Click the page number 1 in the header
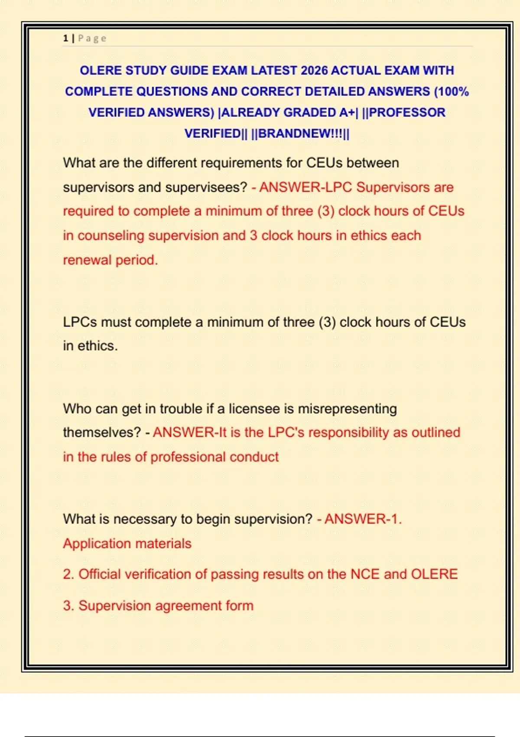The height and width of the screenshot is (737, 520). tap(65, 38)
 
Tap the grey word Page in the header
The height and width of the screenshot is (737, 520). tap(92, 38)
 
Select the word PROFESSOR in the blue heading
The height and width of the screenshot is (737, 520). tap(407, 112)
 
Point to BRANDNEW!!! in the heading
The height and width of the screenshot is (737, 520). tap(300, 133)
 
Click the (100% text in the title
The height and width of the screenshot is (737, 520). tap(452, 91)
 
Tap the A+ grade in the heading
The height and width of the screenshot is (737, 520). tap(347, 112)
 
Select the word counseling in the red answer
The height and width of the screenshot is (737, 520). tap(111, 235)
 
